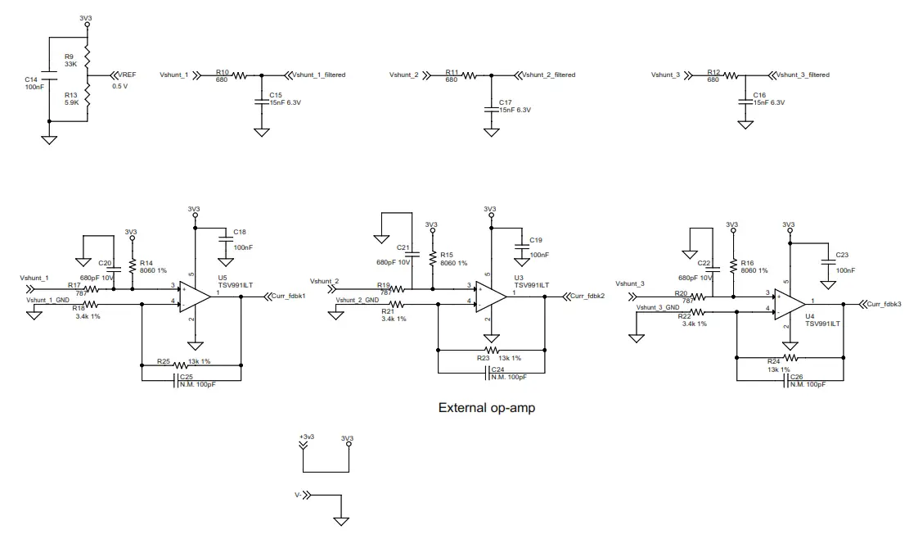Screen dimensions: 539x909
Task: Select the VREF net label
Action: pos(128,75)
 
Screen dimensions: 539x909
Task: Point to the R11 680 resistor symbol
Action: pos(468,75)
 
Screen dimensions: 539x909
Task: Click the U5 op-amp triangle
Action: pos(195,297)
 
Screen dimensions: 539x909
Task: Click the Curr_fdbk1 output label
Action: pos(286,297)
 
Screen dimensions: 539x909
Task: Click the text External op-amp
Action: pos(487,407)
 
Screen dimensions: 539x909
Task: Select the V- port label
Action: pos(299,495)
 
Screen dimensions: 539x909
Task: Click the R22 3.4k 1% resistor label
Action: pos(691,319)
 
